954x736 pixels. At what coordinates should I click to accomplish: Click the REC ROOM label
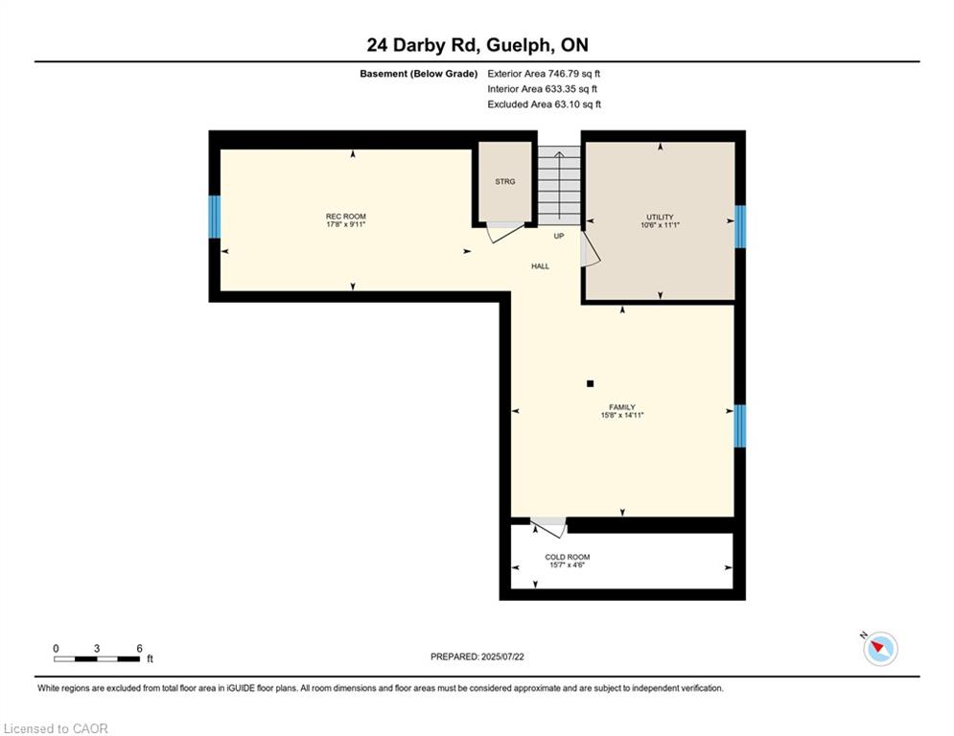point(345,217)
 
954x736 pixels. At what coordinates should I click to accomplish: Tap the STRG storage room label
point(505,182)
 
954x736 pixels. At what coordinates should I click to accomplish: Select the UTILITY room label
point(661,218)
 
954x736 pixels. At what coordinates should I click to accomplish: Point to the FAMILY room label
point(622,407)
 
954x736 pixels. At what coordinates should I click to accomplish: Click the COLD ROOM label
point(567,557)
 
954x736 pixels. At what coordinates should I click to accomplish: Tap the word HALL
point(540,266)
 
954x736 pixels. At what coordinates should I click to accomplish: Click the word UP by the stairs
point(559,236)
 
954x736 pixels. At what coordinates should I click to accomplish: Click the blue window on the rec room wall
point(215,218)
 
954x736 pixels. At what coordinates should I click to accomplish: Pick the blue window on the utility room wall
point(740,227)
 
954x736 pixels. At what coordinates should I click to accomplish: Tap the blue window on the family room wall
point(740,425)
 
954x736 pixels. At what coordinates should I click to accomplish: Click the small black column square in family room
point(591,384)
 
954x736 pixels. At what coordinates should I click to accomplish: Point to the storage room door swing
point(506,232)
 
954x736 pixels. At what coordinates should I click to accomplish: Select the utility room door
point(591,249)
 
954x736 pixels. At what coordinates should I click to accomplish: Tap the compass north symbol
point(880,649)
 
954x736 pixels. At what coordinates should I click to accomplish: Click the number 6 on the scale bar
point(139,649)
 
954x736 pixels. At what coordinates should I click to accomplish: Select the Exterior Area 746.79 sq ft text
point(544,74)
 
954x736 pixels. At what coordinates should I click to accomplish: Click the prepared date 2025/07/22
point(502,656)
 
